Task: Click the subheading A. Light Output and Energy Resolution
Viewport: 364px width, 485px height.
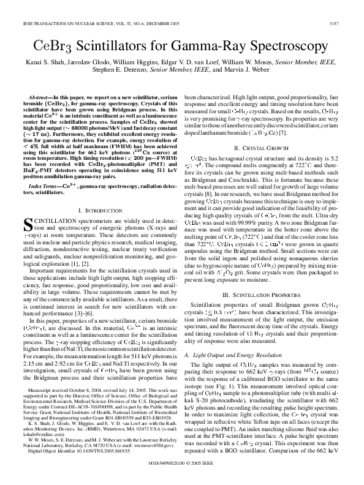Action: [235, 337]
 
